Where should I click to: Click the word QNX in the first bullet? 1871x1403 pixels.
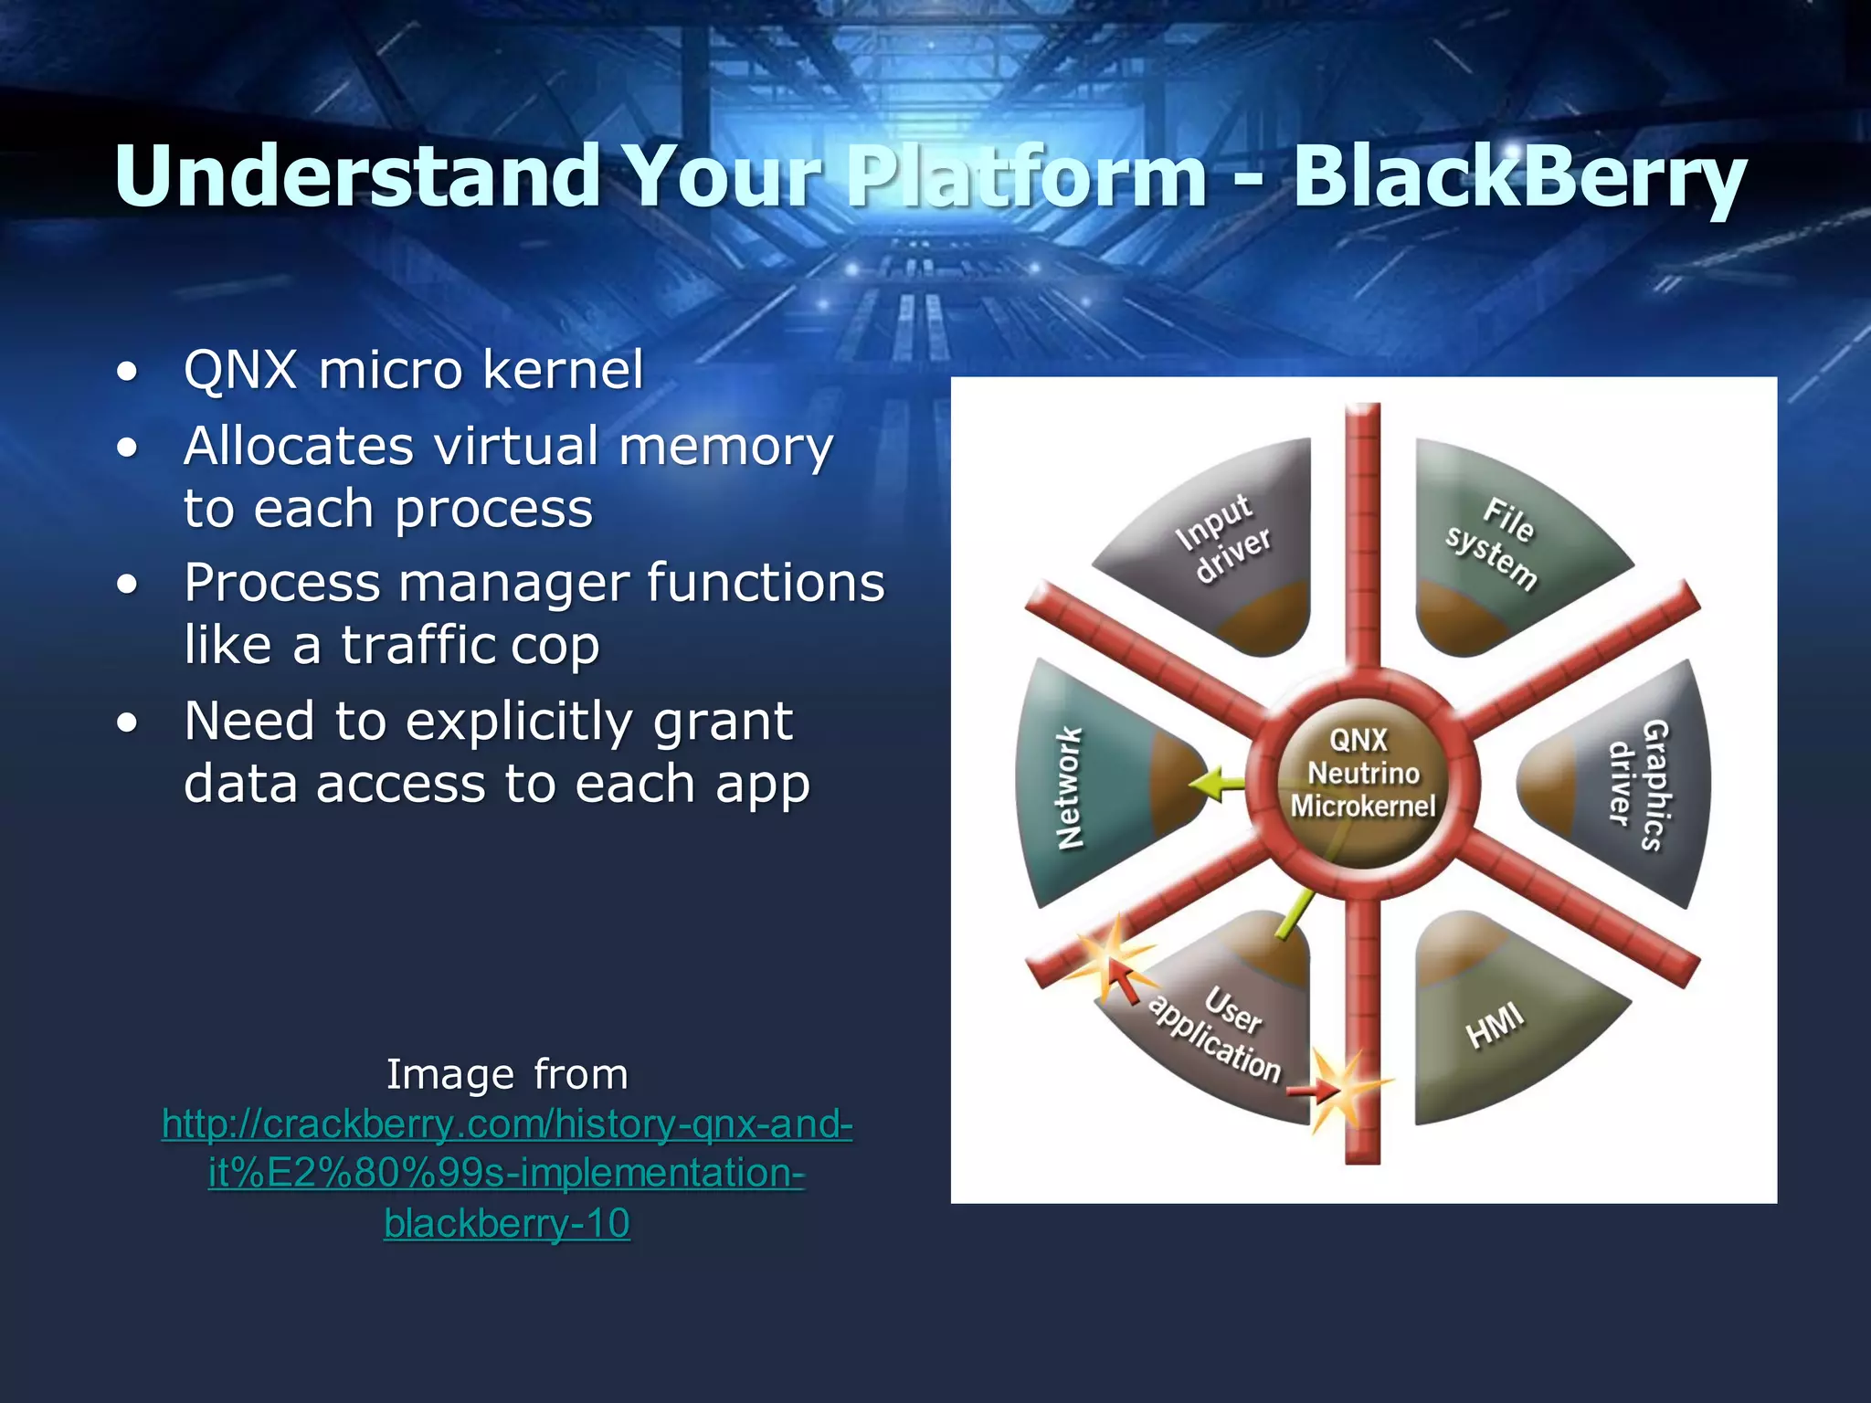tap(240, 370)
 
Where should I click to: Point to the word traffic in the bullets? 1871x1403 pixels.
tap(418, 645)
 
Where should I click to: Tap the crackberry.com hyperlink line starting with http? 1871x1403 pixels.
tap(507, 1123)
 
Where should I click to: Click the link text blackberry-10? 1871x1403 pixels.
tap(507, 1223)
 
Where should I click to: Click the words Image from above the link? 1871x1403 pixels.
tap(507, 1074)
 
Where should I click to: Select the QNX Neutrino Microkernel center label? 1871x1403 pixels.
tap(1362, 773)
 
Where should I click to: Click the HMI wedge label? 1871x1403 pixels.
tap(1495, 1025)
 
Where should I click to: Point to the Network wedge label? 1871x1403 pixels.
tap(1069, 787)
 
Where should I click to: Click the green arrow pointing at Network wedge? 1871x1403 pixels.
tap(1216, 784)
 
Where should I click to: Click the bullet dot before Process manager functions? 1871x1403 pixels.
tap(128, 585)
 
